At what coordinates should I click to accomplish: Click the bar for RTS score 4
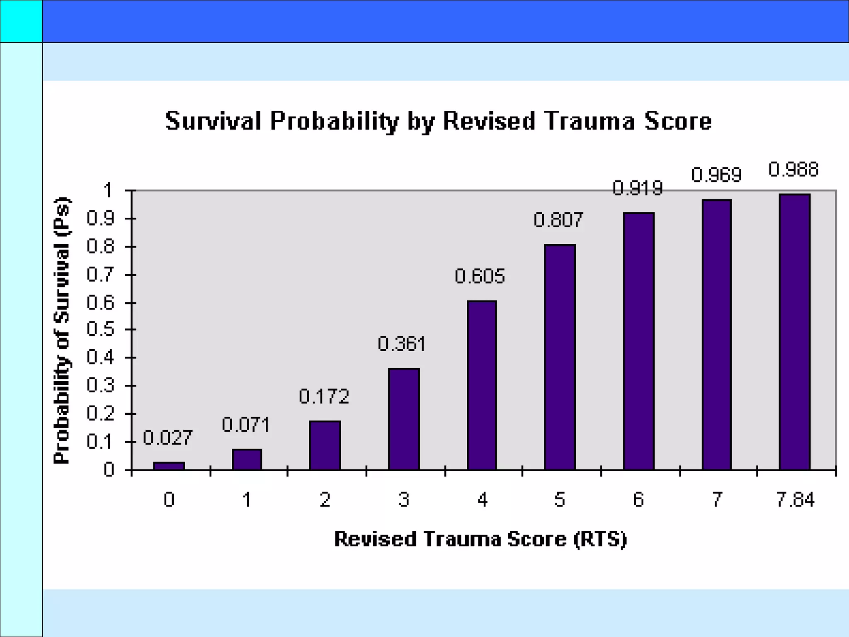(x=482, y=385)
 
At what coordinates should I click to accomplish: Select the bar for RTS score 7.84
(x=794, y=332)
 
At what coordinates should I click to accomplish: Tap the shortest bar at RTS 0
(x=169, y=466)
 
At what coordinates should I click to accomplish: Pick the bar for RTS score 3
(x=404, y=419)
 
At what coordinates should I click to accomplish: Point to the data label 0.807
(x=558, y=220)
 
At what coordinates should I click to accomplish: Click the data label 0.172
(x=324, y=396)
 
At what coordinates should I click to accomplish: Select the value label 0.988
(x=793, y=170)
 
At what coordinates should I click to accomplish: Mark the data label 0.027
(x=167, y=438)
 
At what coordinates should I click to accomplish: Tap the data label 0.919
(x=638, y=188)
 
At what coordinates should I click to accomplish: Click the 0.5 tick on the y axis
(x=100, y=330)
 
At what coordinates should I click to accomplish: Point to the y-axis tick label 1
(x=108, y=191)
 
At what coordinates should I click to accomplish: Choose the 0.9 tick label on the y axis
(x=100, y=219)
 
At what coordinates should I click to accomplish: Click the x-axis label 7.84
(x=795, y=499)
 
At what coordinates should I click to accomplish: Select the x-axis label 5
(x=560, y=499)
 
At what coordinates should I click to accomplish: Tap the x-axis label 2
(x=325, y=499)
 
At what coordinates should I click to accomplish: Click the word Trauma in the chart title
(x=589, y=121)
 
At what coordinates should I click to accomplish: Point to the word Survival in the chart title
(x=213, y=121)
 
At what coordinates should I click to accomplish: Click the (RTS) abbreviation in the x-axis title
(x=600, y=539)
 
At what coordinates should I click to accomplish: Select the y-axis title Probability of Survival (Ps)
(x=62, y=330)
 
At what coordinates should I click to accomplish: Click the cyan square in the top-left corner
(x=21, y=21)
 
